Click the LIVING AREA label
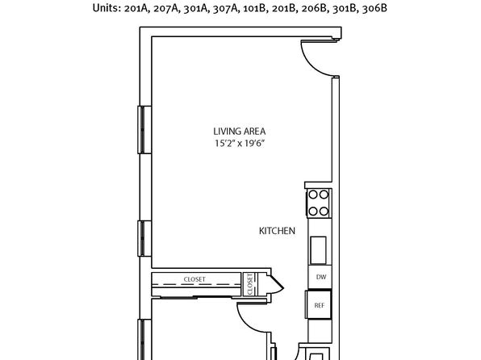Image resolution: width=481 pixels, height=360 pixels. [239, 132]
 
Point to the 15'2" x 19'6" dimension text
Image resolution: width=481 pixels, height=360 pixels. [240, 144]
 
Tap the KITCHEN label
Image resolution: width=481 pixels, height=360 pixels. [277, 231]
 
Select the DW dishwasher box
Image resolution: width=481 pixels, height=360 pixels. [320, 277]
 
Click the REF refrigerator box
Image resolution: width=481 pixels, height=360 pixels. [319, 305]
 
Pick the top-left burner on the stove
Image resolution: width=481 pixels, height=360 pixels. [313, 195]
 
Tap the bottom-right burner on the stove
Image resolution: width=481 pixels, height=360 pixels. [324, 211]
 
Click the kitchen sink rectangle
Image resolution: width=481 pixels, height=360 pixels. [318, 250]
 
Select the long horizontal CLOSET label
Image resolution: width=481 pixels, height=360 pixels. [194, 279]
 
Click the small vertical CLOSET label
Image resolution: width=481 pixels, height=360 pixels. [249, 284]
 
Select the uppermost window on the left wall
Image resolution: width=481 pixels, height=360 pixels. [144, 129]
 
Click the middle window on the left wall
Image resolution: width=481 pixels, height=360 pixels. [144, 238]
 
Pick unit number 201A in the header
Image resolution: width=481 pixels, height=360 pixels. [136, 8]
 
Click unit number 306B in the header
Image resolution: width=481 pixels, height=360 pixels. [374, 8]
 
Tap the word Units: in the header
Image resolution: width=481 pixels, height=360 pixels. [107, 8]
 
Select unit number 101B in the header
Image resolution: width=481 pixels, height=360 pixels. [254, 8]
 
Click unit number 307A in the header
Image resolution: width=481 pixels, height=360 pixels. [225, 8]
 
